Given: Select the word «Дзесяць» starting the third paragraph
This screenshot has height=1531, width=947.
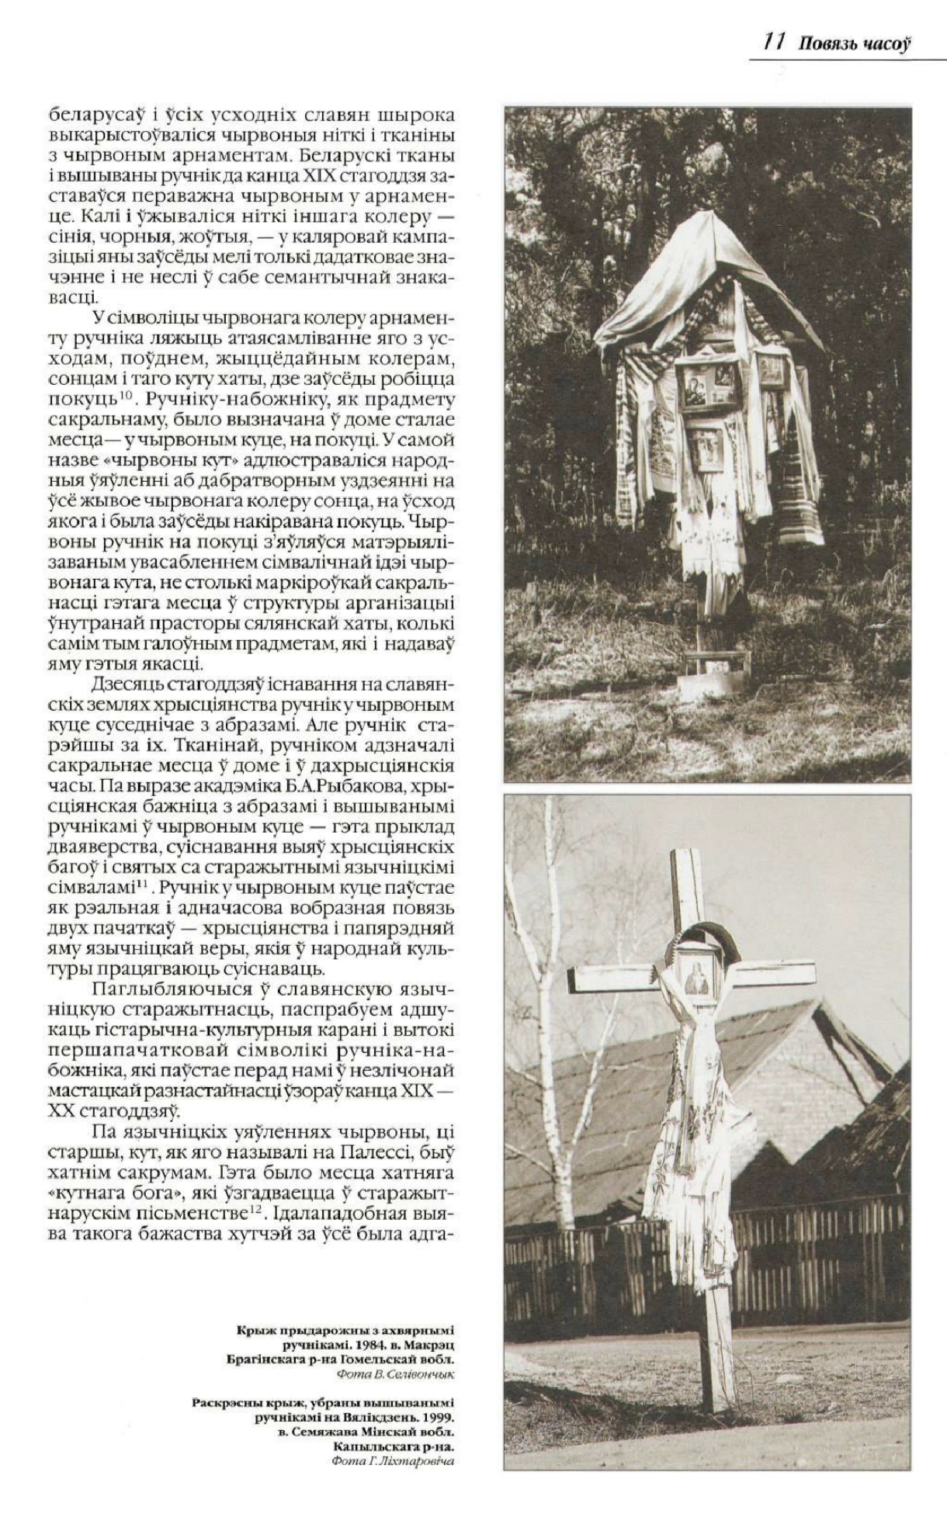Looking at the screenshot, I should point(129,685).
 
